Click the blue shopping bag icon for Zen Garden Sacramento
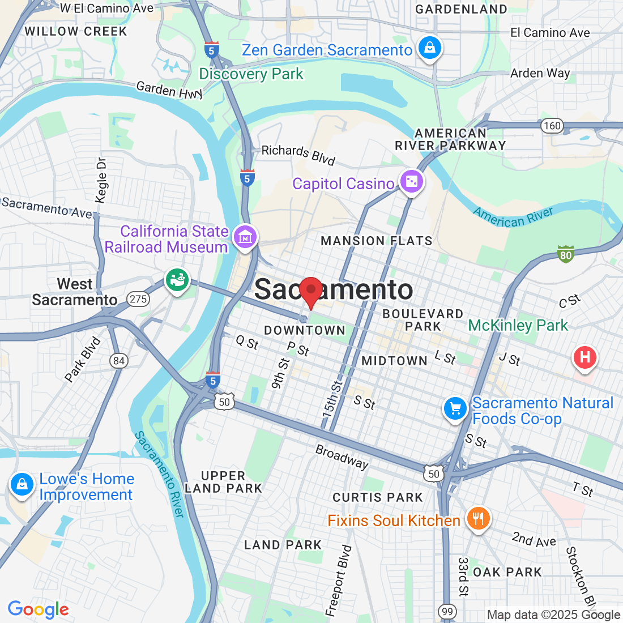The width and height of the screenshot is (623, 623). [430, 48]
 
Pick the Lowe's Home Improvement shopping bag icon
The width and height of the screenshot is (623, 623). [22, 485]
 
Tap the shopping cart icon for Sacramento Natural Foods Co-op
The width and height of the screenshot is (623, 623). [455, 408]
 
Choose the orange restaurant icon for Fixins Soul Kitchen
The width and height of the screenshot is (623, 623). [478, 518]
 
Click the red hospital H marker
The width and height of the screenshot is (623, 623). [585, 357]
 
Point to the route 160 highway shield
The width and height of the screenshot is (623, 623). [552, 126]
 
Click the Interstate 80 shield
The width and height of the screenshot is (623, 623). [565, 255]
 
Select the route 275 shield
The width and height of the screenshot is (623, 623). [138, 299]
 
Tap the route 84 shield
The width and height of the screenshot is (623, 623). [118, 361]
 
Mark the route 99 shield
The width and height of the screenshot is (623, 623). [447, 611]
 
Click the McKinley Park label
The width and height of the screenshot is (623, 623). [518, 325]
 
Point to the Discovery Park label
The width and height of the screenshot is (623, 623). [251, 74]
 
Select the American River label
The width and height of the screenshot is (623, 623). [513, 216]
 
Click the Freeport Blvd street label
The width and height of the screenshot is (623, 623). [338, 581]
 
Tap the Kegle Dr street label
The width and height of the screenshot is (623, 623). [101, 180]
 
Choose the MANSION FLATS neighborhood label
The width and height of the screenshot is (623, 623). [376, 241]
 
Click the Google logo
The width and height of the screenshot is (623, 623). [38, 609]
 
